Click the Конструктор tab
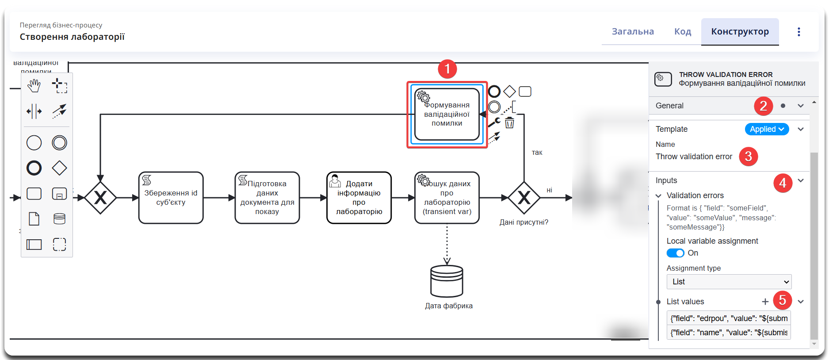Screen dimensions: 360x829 click(740, 32)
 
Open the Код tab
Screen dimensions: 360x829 click(682, 32)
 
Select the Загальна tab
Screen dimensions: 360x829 click(633, 32)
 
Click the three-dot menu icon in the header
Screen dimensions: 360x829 click(798, 32)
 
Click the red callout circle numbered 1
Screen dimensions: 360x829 click(447, 69)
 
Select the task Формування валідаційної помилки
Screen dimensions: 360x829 click(447, 115)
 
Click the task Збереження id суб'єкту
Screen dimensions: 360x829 click(171, 198)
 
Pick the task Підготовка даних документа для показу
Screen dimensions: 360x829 click(267, 198)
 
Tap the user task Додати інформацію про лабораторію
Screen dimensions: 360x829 click(359, 198)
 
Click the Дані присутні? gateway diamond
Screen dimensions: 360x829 click(524, 198)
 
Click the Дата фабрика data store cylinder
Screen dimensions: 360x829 click(447, 281)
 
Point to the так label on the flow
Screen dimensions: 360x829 click(537, 153)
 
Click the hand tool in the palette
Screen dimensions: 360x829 click(34, 86)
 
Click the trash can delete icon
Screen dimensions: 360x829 click(510, 123)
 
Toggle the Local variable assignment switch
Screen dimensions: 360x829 click(675, 253)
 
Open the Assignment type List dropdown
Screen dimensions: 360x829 click(729, 282)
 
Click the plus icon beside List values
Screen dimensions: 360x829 click(765, 302)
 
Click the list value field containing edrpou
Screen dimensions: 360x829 click(729, 318)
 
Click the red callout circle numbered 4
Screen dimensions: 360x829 click(782, 183)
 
